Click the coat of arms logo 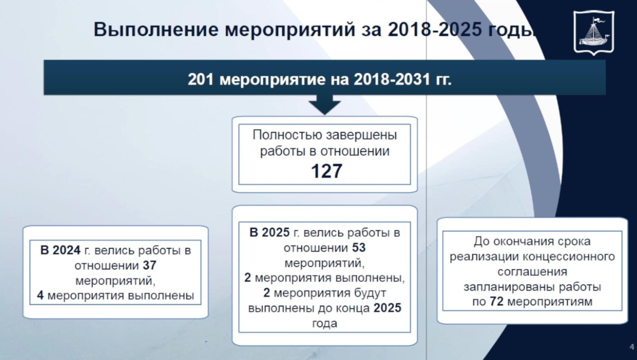click(594, 32)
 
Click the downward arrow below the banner click(325, 105)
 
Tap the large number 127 click(326, 171)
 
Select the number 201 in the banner click(201, 79)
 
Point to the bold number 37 click(150, 266)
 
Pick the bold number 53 click(359, 248)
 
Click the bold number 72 click(496, 302)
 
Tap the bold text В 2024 click(60, 250)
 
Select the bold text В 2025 click(269, 233)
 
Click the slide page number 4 click(632, 347)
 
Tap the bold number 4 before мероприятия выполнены click(40, 296)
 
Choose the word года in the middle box click(325, 323)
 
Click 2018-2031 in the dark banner click(392, 79)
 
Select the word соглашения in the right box click(532, 272)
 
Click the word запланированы click(508, 287)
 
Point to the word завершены click(361, 135)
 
